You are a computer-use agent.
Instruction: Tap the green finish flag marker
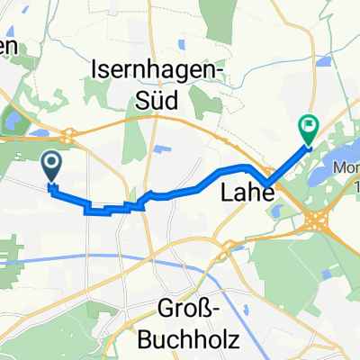[308, 130]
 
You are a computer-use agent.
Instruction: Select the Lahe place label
[243, 192]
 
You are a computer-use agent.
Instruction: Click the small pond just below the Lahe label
[275, 211]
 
